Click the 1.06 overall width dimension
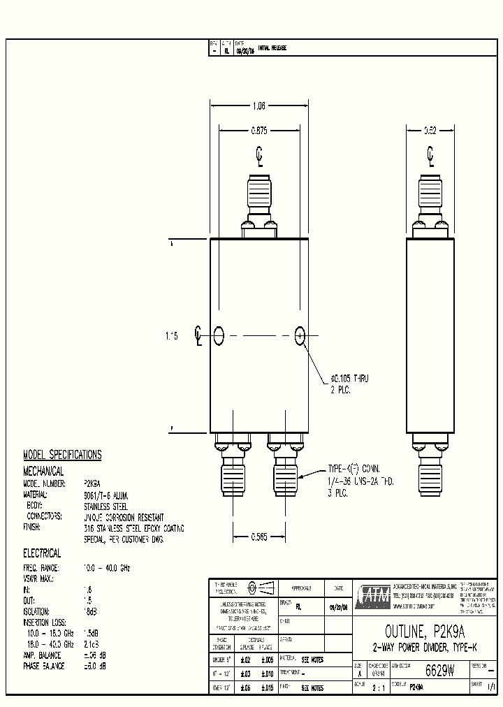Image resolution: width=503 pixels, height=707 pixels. (258, 106)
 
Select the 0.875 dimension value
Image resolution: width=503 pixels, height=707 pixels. (259, 129)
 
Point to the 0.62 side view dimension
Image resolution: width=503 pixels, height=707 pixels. (431, 130)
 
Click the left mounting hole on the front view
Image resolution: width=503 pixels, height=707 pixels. (219, 336)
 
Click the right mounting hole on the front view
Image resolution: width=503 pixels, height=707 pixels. (300, 336)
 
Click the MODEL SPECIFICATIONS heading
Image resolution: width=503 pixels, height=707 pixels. (62, 455)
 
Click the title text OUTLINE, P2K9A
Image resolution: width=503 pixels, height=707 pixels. (427, 633)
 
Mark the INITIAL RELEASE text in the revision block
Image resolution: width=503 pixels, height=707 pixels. (272, 48)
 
